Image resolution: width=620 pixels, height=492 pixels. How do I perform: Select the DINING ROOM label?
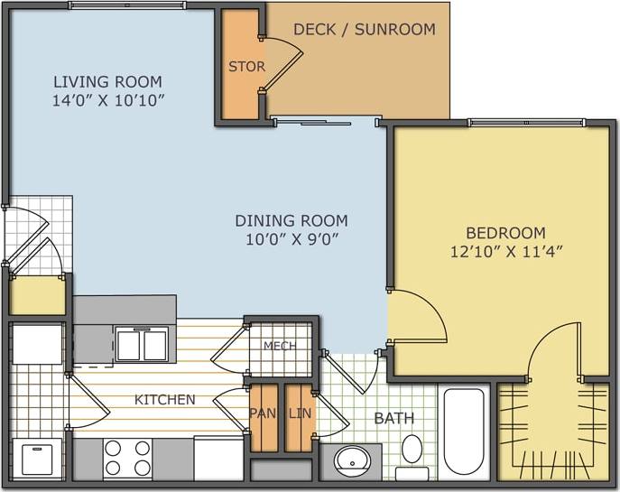(291, 220)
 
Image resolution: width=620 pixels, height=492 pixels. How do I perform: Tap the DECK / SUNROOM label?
(364, 30)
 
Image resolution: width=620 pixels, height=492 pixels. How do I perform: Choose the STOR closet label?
(245, 67)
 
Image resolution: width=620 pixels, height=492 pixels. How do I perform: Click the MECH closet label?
(279, 347)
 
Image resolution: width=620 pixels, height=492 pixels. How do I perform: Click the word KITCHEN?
(165, 399)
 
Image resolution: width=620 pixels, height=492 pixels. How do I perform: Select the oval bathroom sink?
(352, 461)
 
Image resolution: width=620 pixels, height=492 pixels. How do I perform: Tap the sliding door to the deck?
(325, 120)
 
